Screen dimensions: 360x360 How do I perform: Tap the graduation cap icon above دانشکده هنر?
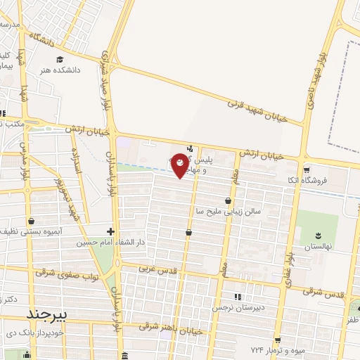point(60,59)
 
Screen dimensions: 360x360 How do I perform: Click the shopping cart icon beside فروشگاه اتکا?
point(306,169)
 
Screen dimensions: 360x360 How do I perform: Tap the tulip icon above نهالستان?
point(316,234)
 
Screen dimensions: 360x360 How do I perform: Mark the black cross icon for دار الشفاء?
point(110,231)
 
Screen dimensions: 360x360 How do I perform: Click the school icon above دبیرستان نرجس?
point(237,296)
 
